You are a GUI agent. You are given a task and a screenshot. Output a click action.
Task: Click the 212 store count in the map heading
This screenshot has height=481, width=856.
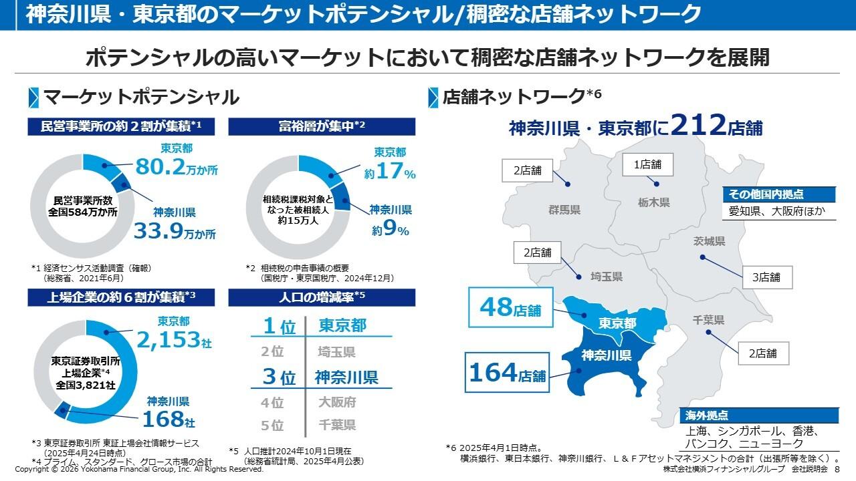coord(698,125)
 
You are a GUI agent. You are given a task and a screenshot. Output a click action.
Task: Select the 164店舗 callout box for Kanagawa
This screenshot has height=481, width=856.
coord(507,372)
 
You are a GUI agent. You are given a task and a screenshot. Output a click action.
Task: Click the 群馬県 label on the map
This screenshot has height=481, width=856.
coord(564,210)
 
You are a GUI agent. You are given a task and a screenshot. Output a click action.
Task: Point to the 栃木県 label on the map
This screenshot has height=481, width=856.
coord(653,202)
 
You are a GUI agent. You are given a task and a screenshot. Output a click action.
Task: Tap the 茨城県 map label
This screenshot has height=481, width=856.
coord(709,241)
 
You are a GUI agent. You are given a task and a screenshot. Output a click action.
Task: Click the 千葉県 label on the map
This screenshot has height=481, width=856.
coord(708,321)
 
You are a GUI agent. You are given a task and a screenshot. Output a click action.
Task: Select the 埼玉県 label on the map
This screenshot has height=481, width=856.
coord(607,276)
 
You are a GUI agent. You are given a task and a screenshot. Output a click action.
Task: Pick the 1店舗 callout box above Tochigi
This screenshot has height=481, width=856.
coord(647,164)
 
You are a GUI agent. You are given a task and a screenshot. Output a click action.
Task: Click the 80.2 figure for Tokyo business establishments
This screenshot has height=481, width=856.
coord(160,167)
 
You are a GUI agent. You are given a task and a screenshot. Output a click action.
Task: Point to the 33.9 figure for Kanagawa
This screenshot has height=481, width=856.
coord(158,231)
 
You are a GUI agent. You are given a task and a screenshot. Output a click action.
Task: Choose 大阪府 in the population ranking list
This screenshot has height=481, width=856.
coord(336,402)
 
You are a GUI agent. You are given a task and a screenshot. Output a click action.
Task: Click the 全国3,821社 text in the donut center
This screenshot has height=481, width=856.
coord(86,385)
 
